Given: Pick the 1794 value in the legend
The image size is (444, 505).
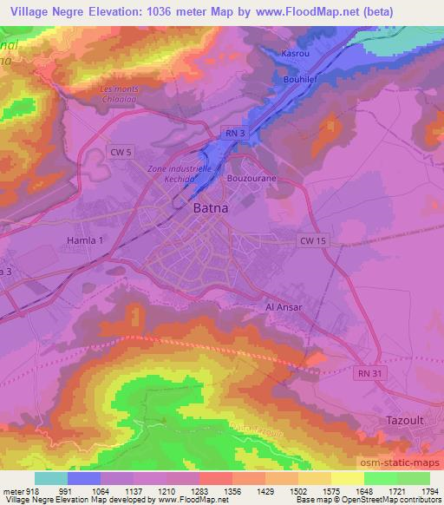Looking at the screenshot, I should tap(428, 490).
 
